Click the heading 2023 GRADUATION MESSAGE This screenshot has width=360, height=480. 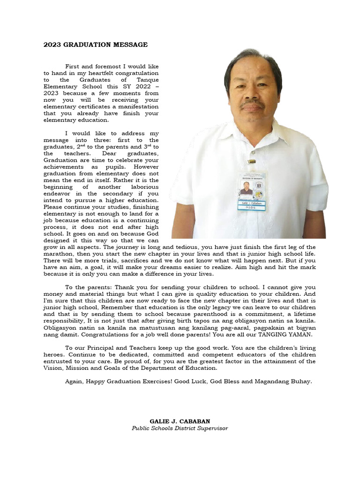tap(96, 45)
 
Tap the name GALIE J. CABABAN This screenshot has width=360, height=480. tap(180, 421)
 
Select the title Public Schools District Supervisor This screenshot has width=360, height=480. tap(180, 428)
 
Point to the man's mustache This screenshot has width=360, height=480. tap(252, 102)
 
